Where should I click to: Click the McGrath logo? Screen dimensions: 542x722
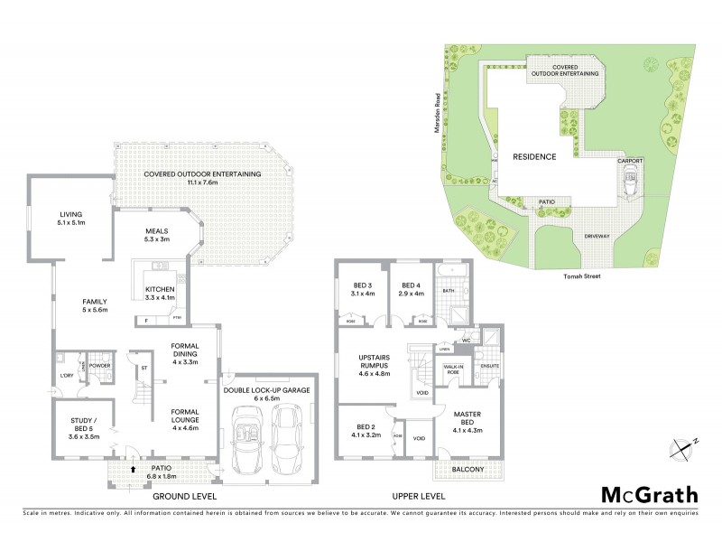(650, 494)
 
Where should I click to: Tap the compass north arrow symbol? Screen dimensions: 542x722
(683, 446)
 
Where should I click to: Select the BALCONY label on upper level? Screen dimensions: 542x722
(467, 470)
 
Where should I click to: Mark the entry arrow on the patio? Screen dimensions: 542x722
(134, 470)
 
